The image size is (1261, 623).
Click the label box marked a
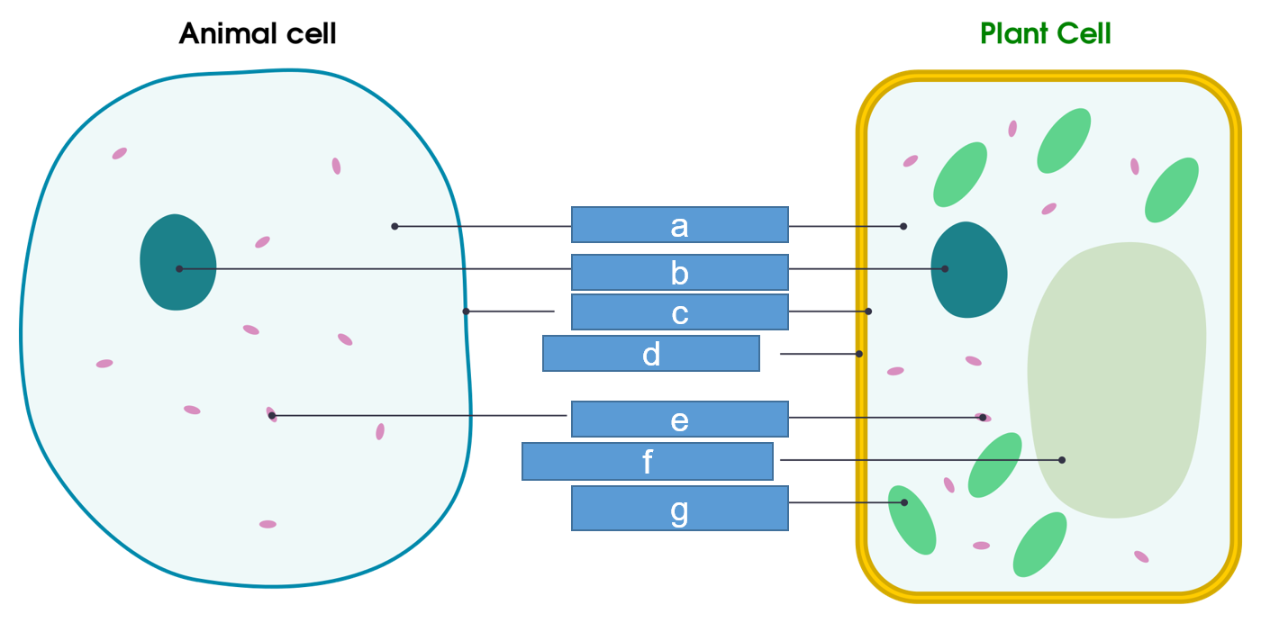pos(680,225)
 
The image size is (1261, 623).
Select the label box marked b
pos(680,272)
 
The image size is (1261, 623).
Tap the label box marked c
pos(680,312)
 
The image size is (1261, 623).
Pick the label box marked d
pos(651,354)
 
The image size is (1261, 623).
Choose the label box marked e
pos(680,420)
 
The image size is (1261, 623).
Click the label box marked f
pos(648,461)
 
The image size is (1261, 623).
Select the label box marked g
pos(680,509)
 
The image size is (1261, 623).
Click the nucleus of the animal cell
pos(177,263)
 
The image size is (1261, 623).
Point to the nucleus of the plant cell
pos(968,270)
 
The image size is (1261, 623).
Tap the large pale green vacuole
pos(1117,378)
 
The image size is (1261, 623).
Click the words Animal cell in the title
pos(258,34)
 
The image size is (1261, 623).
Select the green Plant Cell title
pos(1046,34)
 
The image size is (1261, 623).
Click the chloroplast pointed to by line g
pos(912,520)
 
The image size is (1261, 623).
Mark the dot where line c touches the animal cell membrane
pos(466,311)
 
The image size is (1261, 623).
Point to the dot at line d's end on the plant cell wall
pos(860,354)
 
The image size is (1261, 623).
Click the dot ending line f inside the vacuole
pos(1062,460)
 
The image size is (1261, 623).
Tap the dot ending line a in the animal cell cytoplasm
pos(395,226)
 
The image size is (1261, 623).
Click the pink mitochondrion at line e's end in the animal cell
pos(271,414)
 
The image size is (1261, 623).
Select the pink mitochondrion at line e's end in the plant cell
pos(983,418)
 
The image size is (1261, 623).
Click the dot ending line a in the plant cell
pos(903,226)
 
